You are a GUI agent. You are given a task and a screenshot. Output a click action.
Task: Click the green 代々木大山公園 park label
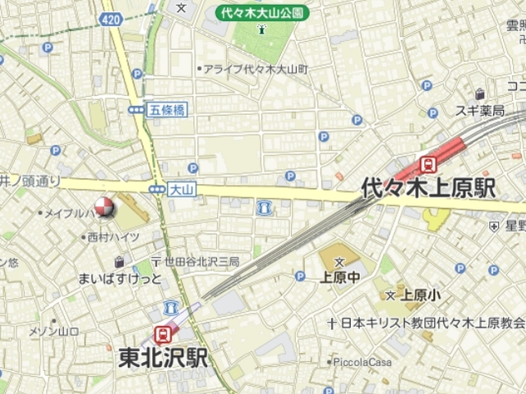[x=262, y=13]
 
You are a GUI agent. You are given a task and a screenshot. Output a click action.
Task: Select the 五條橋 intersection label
[x=168, y=108]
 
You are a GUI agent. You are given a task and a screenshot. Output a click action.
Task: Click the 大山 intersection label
[x=181, y=189]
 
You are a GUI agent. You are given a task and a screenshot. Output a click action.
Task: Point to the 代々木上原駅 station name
[x=428, y=188]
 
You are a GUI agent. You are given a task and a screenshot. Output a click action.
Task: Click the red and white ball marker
[x=104, y=208]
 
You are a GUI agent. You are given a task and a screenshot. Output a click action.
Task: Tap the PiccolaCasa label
[x=361, y=361]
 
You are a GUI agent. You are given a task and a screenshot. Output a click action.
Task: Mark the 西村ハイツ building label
[x=113, y=237]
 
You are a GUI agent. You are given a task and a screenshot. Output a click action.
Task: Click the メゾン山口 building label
[x=53, y=331]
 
